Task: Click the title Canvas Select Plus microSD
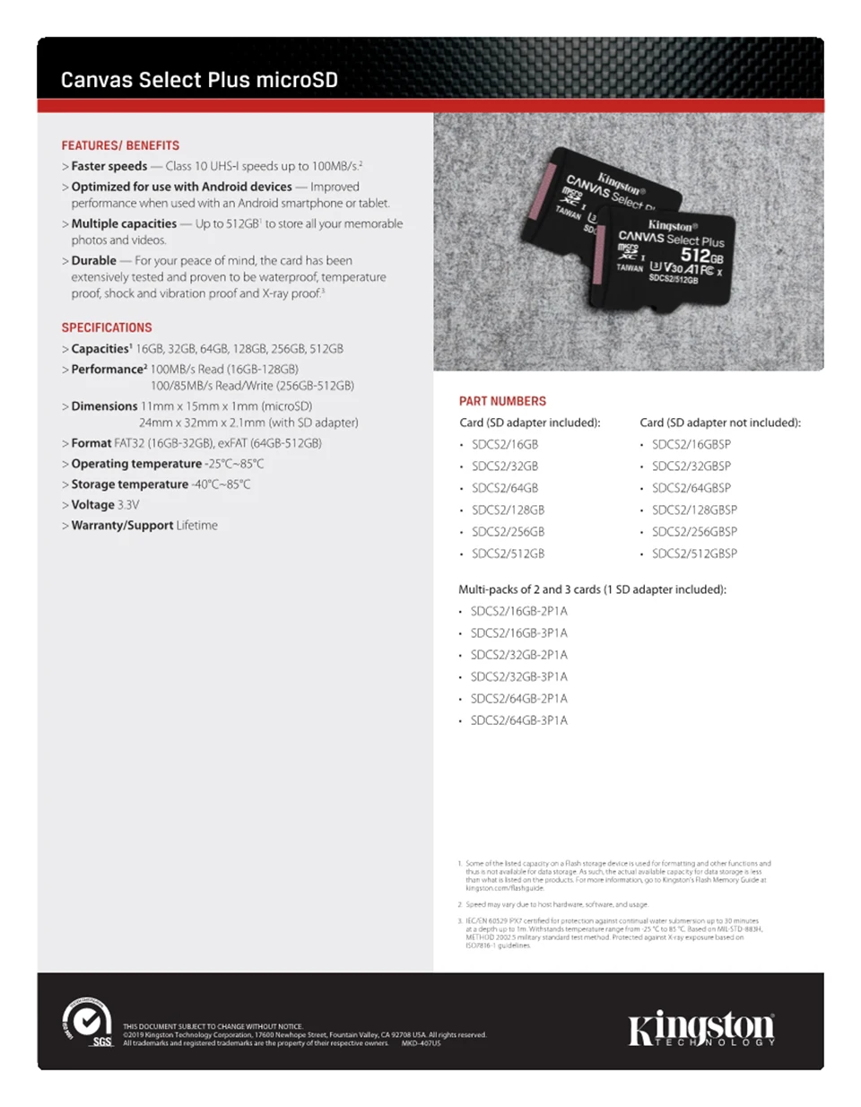(199, 80)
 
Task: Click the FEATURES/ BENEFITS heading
(120, 145)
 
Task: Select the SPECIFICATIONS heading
(107, 327)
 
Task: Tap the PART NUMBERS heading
(502, 401)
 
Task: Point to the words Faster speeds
(109, 166)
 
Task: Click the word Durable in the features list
(93, 260)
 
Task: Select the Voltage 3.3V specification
(105, 505)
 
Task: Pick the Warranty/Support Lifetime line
(143, 526)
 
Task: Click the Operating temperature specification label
(136, 464)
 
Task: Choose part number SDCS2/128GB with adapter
(508, 510)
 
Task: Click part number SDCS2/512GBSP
(694, 553)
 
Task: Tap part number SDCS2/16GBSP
(691, 444)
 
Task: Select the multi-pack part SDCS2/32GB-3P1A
(518, 676)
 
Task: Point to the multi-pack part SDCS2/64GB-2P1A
(518, 698)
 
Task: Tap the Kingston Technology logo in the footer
(700, 1029)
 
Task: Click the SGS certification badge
(87, 1023)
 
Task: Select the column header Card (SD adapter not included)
(719, 423)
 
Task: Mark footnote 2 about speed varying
(556, 904)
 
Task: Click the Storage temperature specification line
(161, 484)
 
